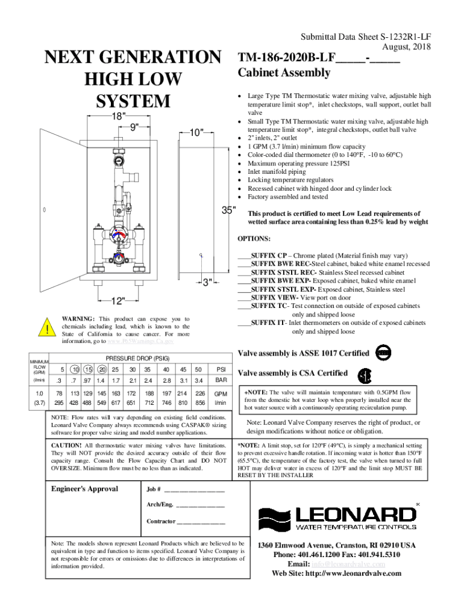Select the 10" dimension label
[196, 132]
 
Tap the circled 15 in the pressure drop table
[88, 369]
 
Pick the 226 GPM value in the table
[201, 394]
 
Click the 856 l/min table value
[201, 402]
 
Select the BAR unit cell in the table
[221, 381]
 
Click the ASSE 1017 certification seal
[382, 353]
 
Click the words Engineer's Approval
[84, 488]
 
